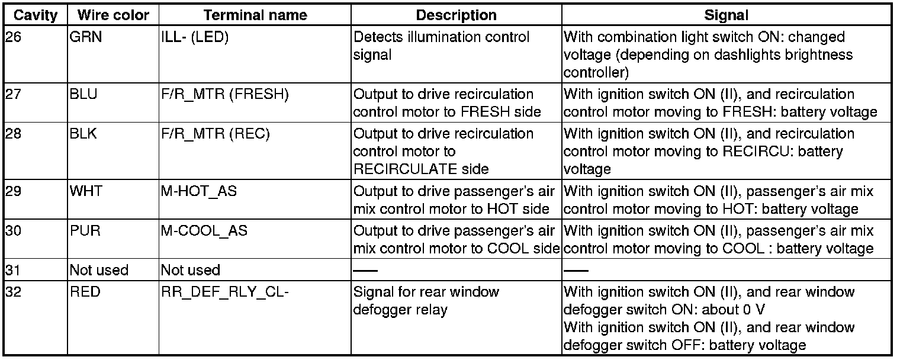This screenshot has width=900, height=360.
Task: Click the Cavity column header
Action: tap(35, 15)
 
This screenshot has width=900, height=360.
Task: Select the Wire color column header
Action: tap(109, 15)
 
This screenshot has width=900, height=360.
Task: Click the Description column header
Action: tap(457, 15)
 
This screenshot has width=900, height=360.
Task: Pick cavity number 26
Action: tap(12, 37)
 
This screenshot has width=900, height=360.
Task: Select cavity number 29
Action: tap(12, 192)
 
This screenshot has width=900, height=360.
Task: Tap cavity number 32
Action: tap(12, 292)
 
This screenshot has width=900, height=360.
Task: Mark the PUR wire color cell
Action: tap(83, 230)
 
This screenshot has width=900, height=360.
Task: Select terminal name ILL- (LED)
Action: tap(195, 37)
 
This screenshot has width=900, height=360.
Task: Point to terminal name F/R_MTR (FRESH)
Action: tap(224, 94)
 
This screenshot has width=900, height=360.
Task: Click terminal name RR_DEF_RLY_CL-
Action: tap(224, 292)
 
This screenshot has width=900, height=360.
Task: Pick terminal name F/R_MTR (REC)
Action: tap(215, 134)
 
